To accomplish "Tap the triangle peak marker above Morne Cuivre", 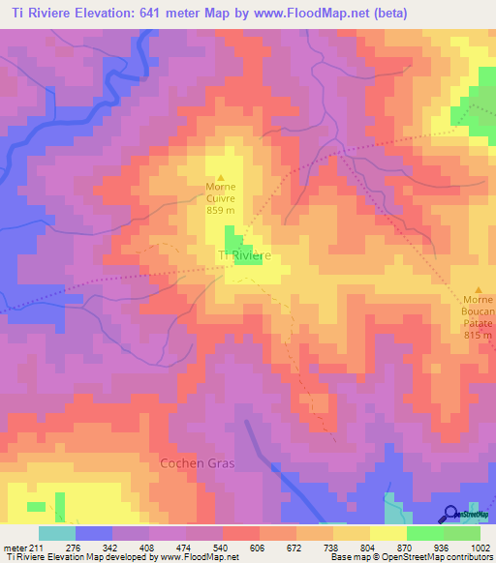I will coord(221,177).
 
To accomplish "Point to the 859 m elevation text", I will coord(221,210).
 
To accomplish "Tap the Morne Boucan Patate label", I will coord(478,311).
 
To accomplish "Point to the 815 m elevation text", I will coord(478,335).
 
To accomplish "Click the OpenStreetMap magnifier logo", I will coord(452,514).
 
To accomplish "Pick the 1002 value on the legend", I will coord(480,547).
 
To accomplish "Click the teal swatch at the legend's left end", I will coord(56,533).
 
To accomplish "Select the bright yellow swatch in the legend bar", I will coord(387,533).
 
